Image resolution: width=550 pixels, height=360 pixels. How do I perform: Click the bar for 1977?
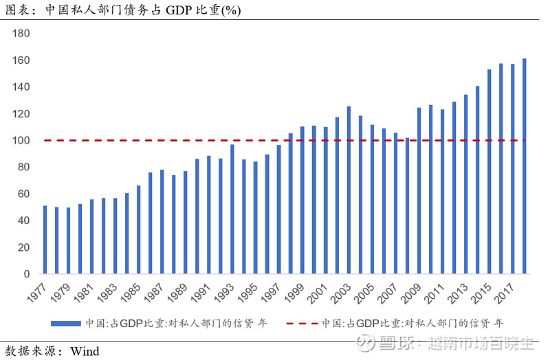click(x=45, y=240)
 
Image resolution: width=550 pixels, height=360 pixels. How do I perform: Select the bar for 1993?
click(x=232, y=209)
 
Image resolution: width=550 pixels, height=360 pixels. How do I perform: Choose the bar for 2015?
click(x=489, y=172)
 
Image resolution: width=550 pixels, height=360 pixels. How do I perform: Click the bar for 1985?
click(x=139, y=229)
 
